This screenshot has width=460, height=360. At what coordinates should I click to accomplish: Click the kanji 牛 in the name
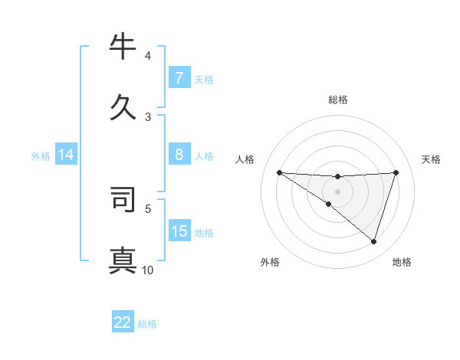[123, 47]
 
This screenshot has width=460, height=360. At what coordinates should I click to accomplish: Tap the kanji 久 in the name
[123, 106]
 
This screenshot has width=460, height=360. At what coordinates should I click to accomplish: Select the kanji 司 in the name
[123, 198]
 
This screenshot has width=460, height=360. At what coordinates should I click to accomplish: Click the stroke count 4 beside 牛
[148, 56]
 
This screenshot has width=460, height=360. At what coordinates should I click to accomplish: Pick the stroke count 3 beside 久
[148, 116]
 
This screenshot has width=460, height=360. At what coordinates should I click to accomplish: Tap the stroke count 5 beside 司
[148, 208]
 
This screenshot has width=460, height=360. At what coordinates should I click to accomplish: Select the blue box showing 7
[179, 78]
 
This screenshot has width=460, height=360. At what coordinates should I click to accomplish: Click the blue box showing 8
[179, 155]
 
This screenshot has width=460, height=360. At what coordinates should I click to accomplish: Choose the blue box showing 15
[179, 231]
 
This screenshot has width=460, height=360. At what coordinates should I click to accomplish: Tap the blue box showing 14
[66, 155]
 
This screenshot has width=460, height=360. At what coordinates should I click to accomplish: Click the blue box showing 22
[123, 322]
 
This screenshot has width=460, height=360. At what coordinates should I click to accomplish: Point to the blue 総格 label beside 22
[147, 324]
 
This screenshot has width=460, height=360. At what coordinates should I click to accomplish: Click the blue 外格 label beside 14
[41, 156]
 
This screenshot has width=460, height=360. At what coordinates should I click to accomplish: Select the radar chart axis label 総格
[337, 100]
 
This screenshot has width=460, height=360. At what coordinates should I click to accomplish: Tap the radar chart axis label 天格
[432, 159]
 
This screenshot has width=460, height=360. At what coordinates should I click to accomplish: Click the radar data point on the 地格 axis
[373, 241]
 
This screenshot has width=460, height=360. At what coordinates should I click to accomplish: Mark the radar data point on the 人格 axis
[279, 172]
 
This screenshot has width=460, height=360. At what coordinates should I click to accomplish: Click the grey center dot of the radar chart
[337, 191]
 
